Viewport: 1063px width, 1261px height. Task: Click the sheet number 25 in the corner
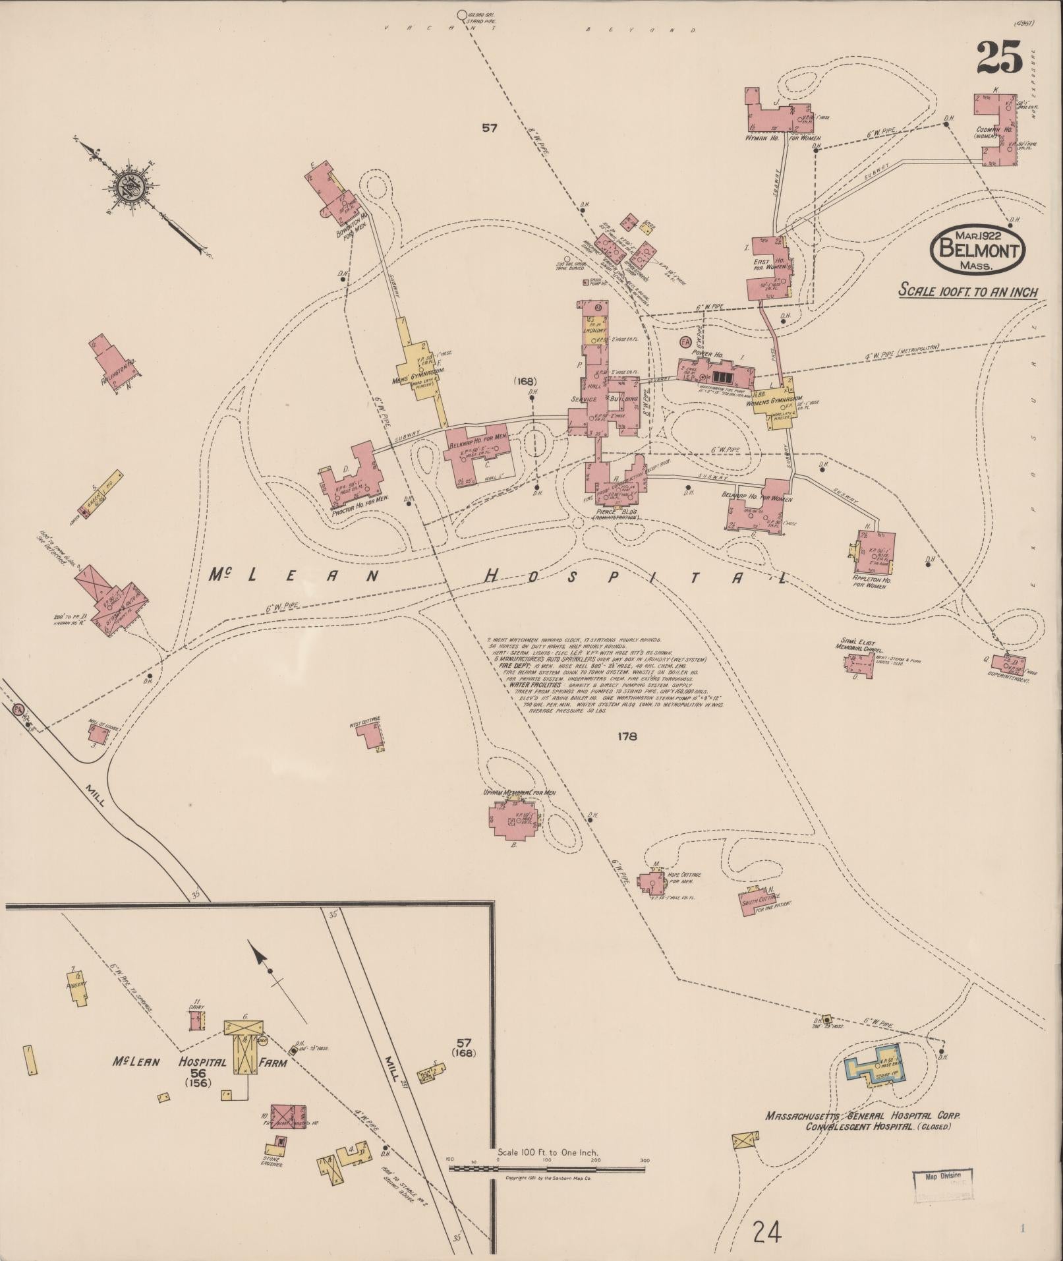tap(998, 57)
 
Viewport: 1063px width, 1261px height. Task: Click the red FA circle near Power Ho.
tap(685, 343)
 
